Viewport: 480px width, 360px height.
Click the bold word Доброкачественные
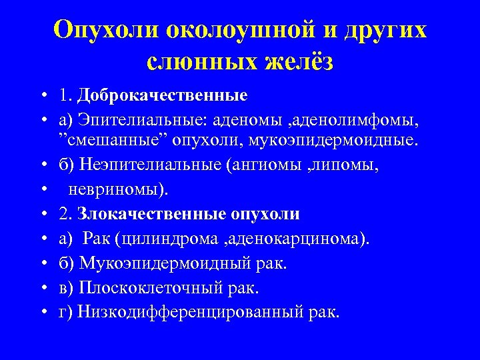pyautogui.click(x=162, y=95)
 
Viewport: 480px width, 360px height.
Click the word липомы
pyautogui.click(x=351, y=167)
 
